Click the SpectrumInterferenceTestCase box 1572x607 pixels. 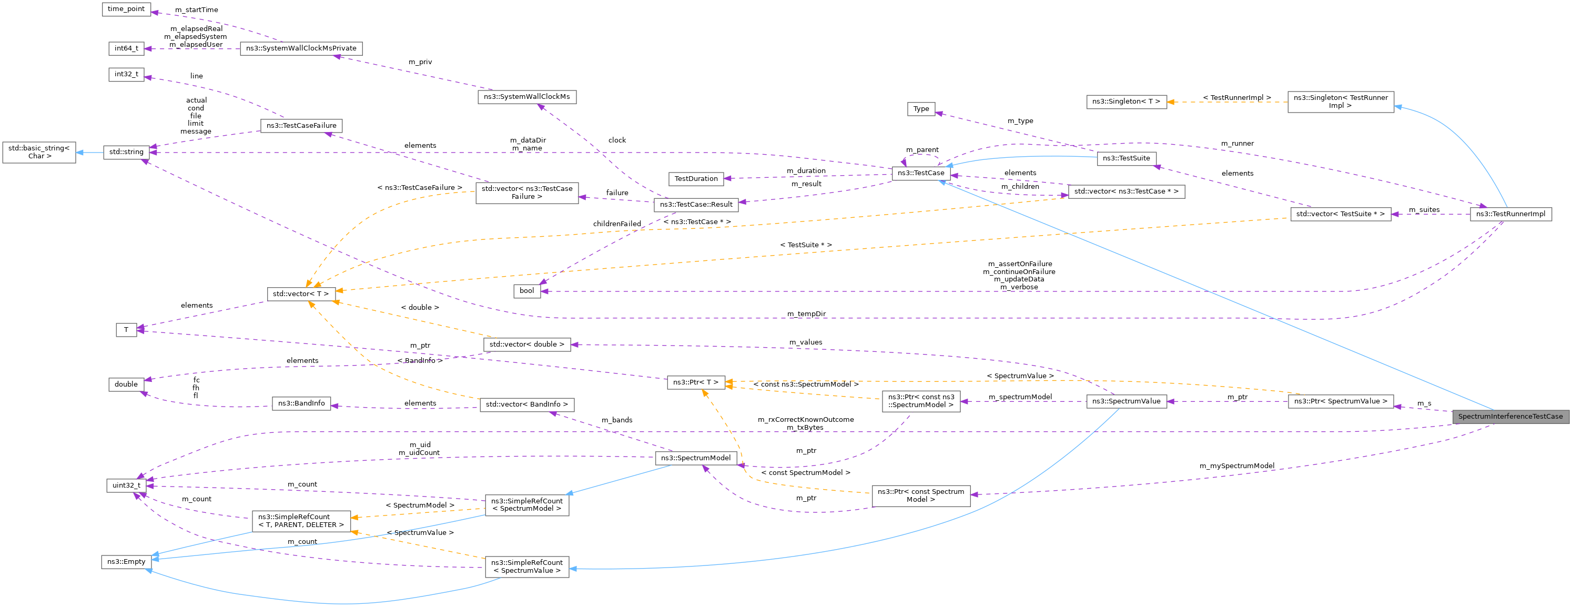click(1510, 417)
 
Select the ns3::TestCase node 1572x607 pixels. click(920, 173)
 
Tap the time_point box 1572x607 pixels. click(126, 9)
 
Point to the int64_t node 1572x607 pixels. click(126, 48)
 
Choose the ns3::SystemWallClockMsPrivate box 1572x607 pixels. click(301, 48)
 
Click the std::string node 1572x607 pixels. click(126, 152)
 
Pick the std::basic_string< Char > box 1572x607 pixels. click(39, 152)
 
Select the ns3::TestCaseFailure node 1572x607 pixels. click(301, 126)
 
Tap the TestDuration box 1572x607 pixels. click(696, 179)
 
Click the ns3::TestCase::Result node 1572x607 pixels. click(696, 205)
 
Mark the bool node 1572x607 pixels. click(526, 291)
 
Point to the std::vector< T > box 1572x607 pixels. click(301, 294)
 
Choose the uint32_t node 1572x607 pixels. click(126, 485)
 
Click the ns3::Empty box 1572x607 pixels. click(126, 562)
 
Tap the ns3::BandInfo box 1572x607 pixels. click(301, 403)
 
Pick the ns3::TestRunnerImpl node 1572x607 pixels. click(1510, 214)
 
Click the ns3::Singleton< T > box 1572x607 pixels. click(1126, 102)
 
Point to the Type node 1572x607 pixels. click(921, 109)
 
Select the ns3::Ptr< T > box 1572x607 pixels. click(696, 382)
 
